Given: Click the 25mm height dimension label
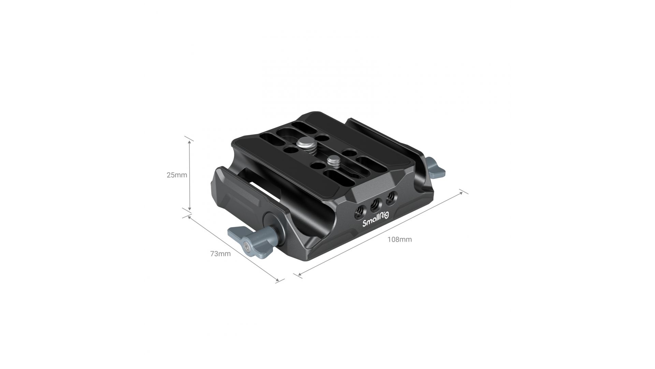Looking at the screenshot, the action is click(177, 175).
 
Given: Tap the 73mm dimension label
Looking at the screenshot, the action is click(220, 254).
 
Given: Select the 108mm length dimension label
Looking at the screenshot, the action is click(399, 240).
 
